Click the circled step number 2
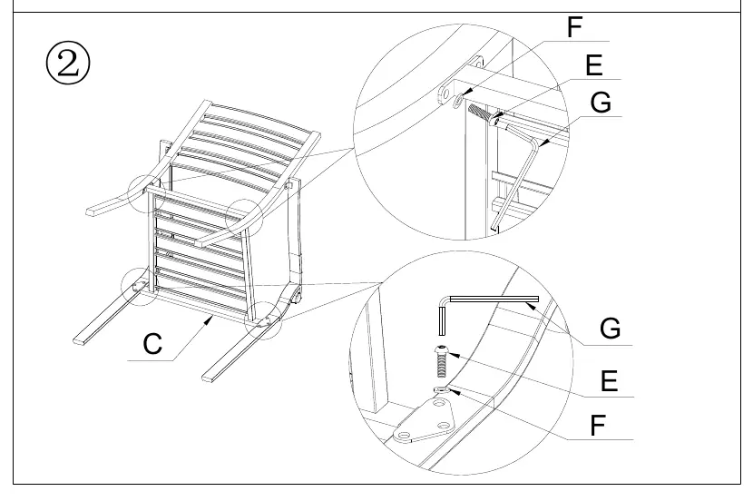[68, 64]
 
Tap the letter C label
[152, 344]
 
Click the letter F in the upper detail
[574, 27]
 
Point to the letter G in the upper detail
[601, 103]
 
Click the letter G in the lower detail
[610, 329]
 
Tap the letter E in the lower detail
[609, 381]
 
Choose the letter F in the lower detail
[597, 425]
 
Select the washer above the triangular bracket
[441, 389]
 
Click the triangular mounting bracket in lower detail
[424, 420]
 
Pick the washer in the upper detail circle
[458, 100]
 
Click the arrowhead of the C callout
[210, 319]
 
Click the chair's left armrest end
[92, 211]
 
